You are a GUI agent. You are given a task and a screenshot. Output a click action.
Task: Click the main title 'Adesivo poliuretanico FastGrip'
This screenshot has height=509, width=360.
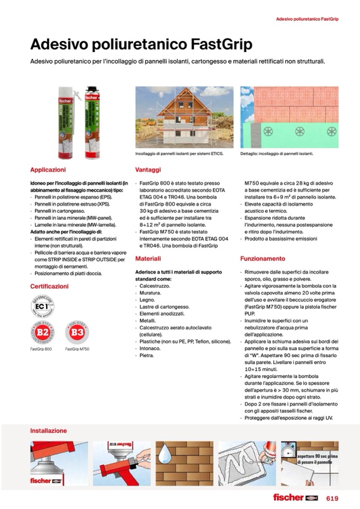tap(141, 44)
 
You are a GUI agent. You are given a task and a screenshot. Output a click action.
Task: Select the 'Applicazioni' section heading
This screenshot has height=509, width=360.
tap(48, 170)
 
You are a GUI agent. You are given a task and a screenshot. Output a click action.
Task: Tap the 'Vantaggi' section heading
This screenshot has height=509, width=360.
tap(148, 170)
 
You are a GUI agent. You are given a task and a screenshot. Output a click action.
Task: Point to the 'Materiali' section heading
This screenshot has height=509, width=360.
tap(148, 258)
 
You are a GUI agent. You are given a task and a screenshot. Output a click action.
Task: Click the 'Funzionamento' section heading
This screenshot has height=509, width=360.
tap(263, 258)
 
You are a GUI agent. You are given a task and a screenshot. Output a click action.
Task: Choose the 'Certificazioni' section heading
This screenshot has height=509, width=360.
tap(49, 286)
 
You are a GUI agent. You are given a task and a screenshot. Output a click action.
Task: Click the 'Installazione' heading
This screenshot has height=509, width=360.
tap(48, 431)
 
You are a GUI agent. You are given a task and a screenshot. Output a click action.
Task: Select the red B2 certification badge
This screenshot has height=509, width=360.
tap(42, 334)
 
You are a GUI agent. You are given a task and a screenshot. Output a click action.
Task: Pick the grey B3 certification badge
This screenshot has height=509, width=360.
tap(78, 334)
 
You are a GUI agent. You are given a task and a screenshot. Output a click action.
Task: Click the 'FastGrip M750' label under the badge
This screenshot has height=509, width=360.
tap(77, 349)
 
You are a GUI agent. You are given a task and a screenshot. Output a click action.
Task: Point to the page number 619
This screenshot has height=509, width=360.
tap(332, 498)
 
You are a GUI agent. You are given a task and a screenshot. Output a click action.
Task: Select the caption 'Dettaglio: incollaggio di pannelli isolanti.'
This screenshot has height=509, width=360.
tap(277, 154)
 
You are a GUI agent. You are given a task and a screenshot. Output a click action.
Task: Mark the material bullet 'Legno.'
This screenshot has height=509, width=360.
tap(144, 300)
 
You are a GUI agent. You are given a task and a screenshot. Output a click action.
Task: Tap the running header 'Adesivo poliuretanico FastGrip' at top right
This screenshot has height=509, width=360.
tap(307, 19)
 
